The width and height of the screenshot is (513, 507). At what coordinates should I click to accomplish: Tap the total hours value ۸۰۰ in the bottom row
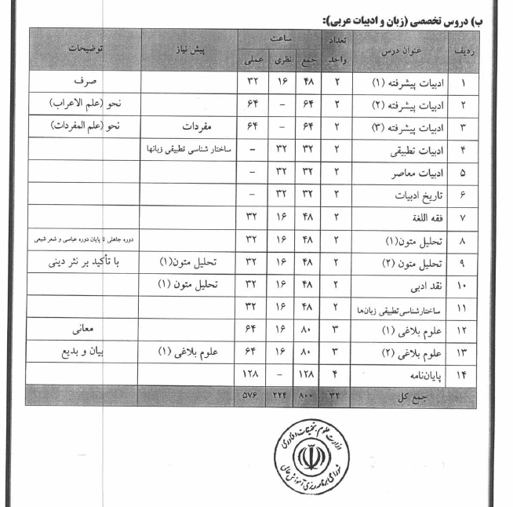[306, 395]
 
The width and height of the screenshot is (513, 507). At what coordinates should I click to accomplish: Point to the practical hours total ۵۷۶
[253, 395]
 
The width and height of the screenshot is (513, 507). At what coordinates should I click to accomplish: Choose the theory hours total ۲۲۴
[280, 395]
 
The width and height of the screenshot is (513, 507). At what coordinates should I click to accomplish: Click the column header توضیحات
[84, 49]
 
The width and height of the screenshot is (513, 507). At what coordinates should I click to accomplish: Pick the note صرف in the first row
[84, 82]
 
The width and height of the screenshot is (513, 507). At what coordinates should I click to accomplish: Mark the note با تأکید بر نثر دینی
[84, 263]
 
